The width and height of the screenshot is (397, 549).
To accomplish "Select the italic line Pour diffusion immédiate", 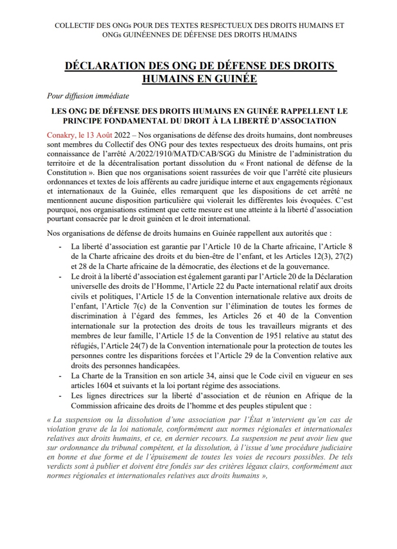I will pyautogui.click(x=88, y=96).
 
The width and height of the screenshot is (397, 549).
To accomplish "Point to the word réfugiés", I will pyautogui.click(x=84, y=346).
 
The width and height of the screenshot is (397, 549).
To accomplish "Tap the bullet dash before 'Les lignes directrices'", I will pyautogui.click(x=60, y=396).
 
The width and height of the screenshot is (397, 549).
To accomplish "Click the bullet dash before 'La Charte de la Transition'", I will pyautogui.click(x=60, y=376).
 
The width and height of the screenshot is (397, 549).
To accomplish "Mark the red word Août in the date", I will pyautogui.click(x=104, y=135).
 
